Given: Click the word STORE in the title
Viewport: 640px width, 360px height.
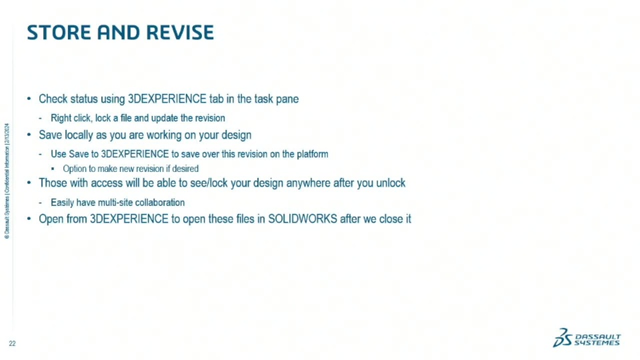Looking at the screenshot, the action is [x=59, y=33].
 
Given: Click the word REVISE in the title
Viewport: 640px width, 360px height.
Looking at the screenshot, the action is [x=180, y=33].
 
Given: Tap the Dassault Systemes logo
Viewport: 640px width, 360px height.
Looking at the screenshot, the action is [x=587, y=338].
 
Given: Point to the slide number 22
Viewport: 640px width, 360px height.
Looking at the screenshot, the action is [x=12, y=344].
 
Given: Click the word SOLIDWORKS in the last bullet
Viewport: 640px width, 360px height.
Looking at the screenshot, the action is [x=303, y=219].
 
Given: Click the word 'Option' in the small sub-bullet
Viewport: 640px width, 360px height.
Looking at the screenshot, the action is [x=73, y=169].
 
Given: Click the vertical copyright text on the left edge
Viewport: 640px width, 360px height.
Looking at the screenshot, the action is [x=7, y=181].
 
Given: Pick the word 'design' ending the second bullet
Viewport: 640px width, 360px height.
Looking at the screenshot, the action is [x=236, y=135].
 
